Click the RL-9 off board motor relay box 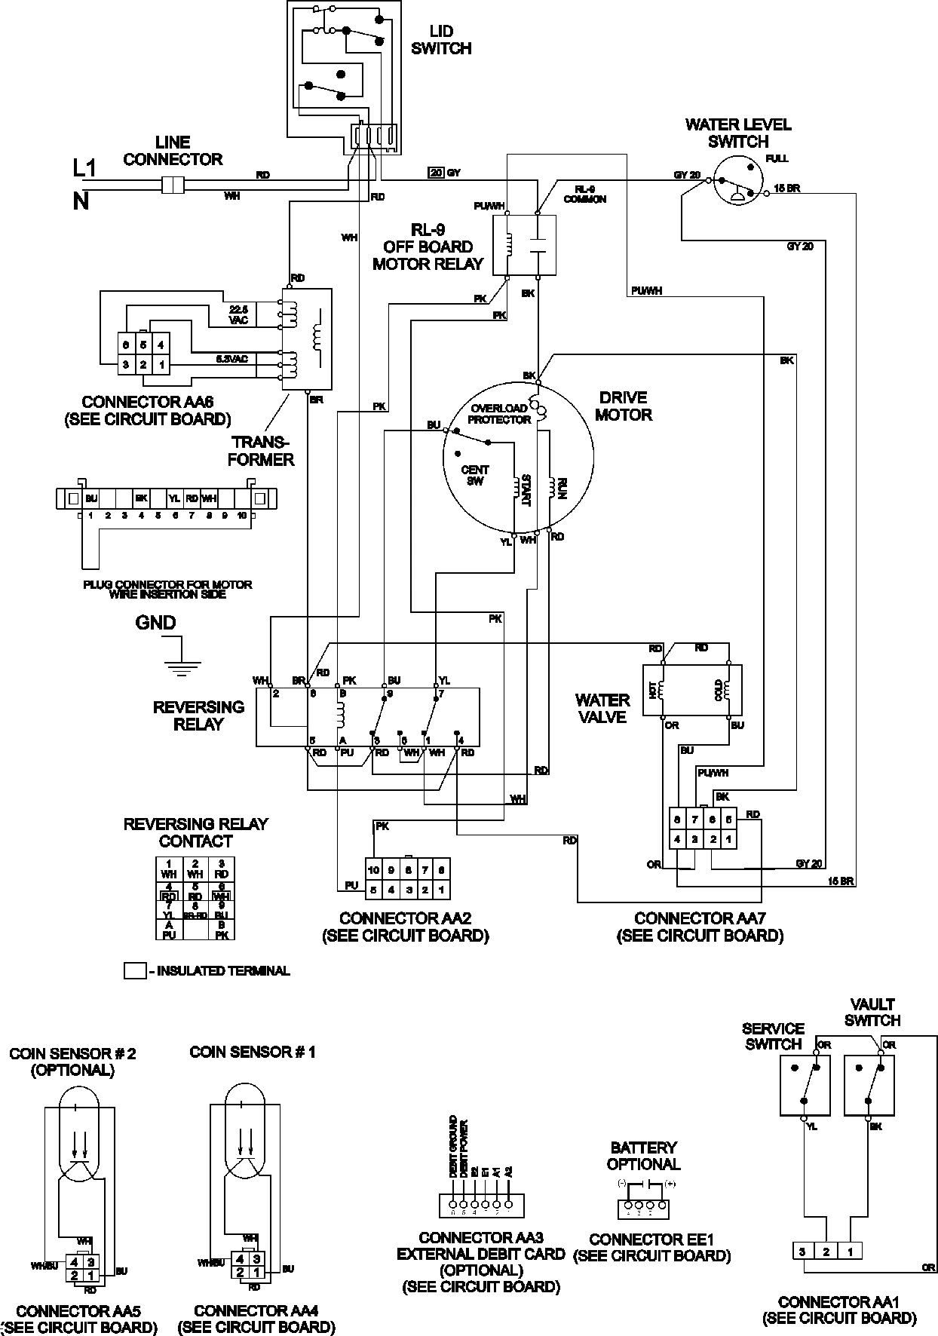coord(523,245)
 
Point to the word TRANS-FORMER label coord(261,451)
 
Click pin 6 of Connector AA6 coord(127,345)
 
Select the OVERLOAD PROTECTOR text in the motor coord(498,414)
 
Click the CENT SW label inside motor coord(474,475)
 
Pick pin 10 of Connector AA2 coord(374,869)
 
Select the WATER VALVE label coord(602,709)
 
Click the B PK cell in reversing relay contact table coord(222,929)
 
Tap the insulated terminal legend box coord(134,971)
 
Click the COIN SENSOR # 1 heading coord(253,1051)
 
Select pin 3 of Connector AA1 coord(803,1252)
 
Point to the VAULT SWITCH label coord(872,1012)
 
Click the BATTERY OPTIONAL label coord(643,1156)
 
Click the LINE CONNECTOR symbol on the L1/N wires coord(173,185)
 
